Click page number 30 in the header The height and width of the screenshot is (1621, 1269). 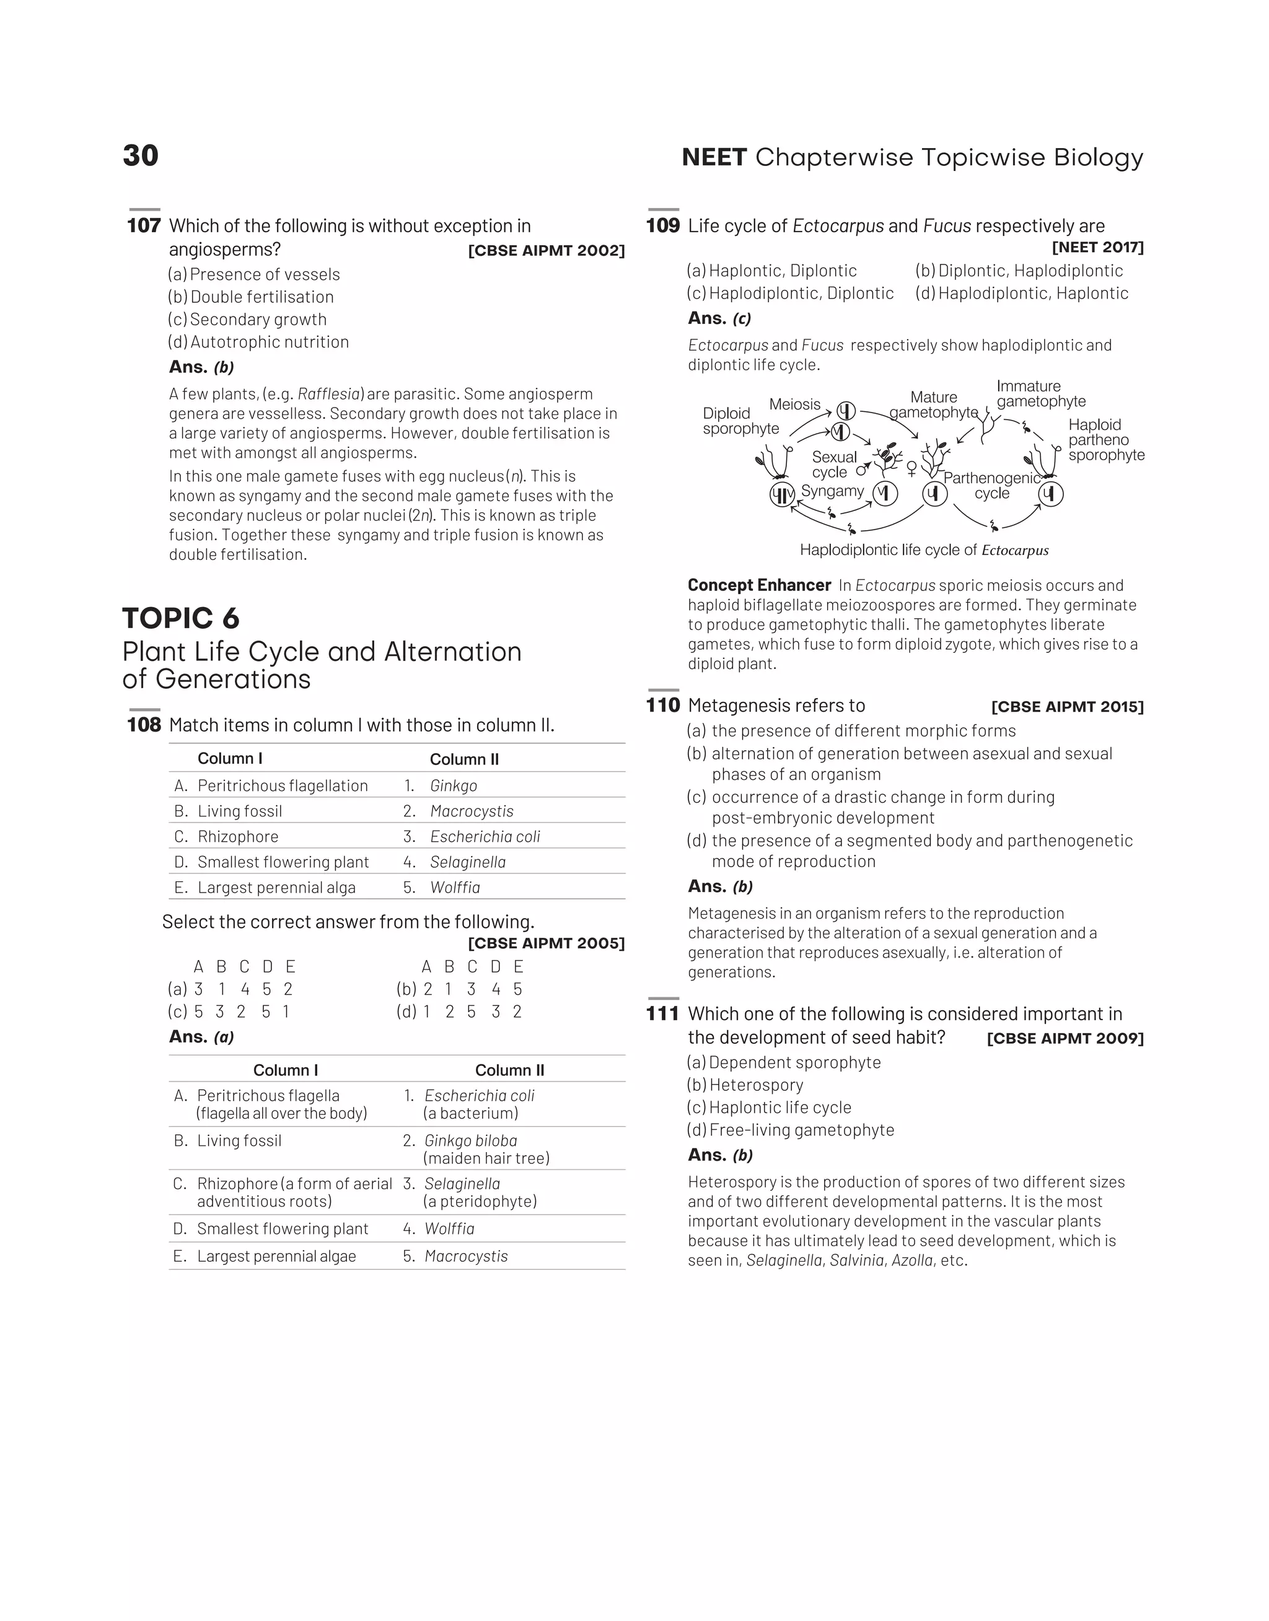click(x=141, y=156)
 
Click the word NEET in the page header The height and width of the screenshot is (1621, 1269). click(x=713, y=157)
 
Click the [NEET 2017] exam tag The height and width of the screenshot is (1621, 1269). click(x=1097, y=247)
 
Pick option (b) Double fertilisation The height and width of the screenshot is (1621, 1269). click(x=251, y=297)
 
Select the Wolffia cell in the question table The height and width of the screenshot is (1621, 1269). click(x=455, y=888)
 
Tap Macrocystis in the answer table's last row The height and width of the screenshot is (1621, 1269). click(x=466, y=1256)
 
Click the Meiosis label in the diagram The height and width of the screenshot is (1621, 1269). click(x=794, y=404)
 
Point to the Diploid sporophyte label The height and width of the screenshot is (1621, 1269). click(x=740, y=421)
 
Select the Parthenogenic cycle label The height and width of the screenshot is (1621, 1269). click(x=991, y=486)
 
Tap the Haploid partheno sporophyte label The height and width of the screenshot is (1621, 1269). click(x=1105, y=440)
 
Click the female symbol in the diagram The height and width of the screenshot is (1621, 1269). click(x=911, y=468)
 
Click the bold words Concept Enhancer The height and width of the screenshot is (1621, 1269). click(x=758, y=585)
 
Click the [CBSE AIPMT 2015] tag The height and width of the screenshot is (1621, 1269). click(x=1067, y=707)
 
